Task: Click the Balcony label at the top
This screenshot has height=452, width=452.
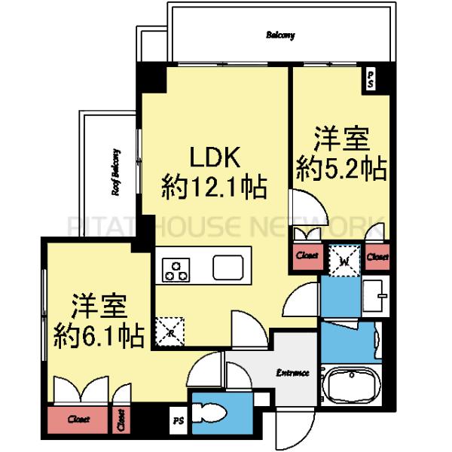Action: coord(279,35)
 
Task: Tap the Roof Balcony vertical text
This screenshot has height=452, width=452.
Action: coord(117,171)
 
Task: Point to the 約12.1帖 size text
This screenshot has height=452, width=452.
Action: coord(214,187)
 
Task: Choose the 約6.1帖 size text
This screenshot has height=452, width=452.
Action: coord(99,334)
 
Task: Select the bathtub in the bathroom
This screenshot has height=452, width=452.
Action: coord(352,386)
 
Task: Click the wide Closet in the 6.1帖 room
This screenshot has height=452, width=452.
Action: coord(76,419)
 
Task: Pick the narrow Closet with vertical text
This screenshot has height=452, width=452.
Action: coord(121,420)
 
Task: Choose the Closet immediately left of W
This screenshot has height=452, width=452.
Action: coord(306,256)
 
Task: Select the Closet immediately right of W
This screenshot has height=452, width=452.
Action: coord(377,256)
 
